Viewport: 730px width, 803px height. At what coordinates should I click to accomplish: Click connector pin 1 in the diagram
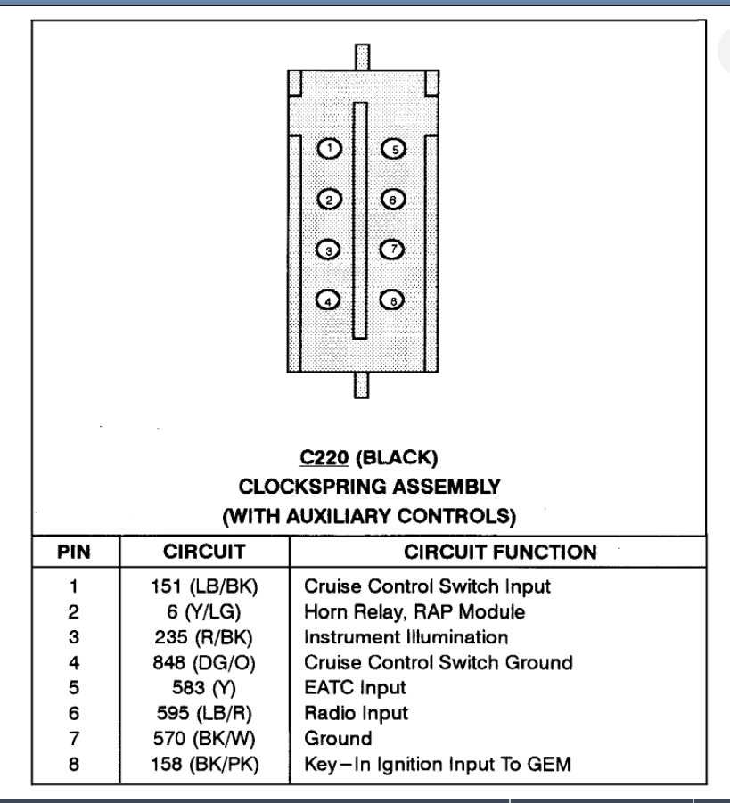(x=330, y=149)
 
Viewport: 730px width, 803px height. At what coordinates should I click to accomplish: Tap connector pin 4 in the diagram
(x=330, y=300)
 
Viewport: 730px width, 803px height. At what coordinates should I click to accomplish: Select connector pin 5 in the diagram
(x=393, y=149)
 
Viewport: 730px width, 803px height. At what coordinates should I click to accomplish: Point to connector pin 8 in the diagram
(x=393, y=300)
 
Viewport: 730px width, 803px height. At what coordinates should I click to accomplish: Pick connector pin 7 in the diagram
(x=393, y=250)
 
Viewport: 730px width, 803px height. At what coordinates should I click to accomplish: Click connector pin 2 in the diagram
(x=330, y=200)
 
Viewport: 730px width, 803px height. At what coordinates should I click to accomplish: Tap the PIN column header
(x=74, y=552)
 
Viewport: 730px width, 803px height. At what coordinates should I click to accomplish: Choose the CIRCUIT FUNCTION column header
(x=499, y=552)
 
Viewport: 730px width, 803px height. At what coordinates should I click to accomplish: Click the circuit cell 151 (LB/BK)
(x=204, y=586)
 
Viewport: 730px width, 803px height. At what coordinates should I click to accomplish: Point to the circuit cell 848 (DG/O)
(x=204, y=662)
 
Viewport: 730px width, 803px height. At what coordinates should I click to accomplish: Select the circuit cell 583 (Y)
(x=204, y=687)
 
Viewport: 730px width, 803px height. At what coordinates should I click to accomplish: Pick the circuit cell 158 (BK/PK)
(x=204, y=764)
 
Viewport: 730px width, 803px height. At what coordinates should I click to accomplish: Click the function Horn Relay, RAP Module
(x=414, y=611)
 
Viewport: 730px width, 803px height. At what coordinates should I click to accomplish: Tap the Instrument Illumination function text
(x=406, y=637)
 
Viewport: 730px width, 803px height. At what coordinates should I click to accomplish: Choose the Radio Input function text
(x=356, y=713)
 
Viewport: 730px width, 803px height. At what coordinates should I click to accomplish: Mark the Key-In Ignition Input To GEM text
(x=437, y=764)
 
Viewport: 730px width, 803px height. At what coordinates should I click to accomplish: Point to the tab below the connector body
(x=361, y=386)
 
